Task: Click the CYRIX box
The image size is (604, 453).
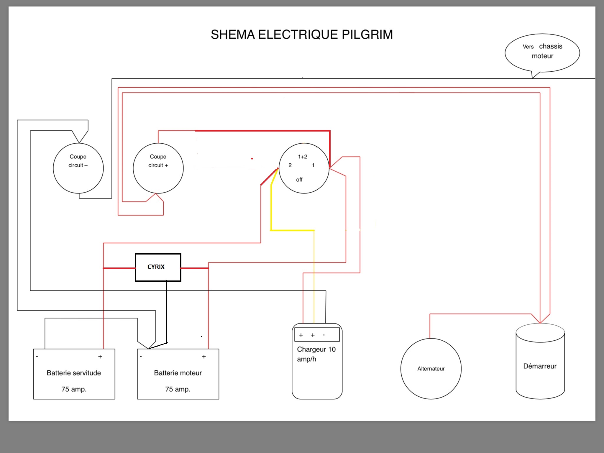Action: (x=158, y=267)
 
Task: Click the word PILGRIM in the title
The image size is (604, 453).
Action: (x=367, y=35)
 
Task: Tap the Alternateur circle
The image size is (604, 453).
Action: (x=431, y=369)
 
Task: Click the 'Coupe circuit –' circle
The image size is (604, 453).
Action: (x=78, y=168)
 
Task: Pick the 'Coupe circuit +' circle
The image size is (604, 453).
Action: (x=158, y=168)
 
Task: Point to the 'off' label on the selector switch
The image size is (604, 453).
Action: (x=299, y=180)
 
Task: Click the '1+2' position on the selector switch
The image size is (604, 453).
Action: (x=303, y=157)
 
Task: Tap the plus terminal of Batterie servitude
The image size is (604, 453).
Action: (x=100, y=357)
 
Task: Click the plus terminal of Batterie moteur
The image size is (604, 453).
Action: (x=204, y=357)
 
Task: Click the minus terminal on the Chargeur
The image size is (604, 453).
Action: (x=324, y=335)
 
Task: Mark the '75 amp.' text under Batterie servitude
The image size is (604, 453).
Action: (x=74, y=389)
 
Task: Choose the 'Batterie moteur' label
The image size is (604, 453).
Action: (x=178, y=373)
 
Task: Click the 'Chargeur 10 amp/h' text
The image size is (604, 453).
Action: (x=316, y=354)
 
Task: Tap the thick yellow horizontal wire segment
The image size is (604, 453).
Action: (x=292, y=230)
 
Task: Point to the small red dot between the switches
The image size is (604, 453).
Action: (x=252, y=159)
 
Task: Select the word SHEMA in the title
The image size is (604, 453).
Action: (x=233, y=35)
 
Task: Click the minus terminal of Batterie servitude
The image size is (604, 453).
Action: (x=37, y=357)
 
